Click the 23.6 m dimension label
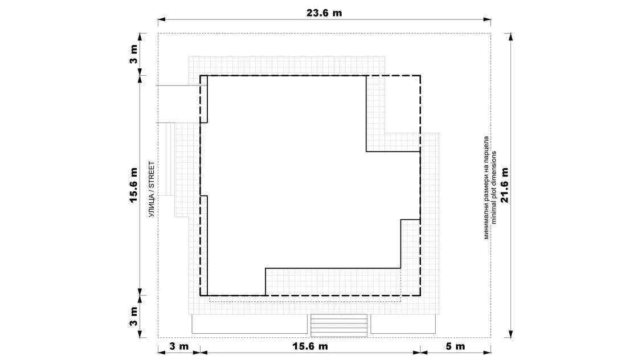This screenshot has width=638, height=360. point(324,13)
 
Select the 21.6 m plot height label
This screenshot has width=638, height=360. point(505,185)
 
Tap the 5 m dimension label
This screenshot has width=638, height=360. point(455,346)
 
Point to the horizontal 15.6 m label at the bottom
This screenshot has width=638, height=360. point(310,346)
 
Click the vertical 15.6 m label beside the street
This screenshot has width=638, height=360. point(134,185)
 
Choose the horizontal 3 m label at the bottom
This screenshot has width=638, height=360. point(179,346)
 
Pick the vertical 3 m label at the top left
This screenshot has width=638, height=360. point(134,54)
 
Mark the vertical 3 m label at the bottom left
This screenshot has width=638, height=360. point(134,317)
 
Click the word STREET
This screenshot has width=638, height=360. point(152,175)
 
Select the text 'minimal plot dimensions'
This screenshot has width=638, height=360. point(494,187)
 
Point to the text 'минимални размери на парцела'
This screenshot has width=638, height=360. point(486,187)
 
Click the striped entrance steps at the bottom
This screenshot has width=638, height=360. point(339,325)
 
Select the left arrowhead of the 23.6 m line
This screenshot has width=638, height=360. point(162,19)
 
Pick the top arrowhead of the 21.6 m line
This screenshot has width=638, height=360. point(510,38)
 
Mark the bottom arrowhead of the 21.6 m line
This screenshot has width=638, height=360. point(510,334)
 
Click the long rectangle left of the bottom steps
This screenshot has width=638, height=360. point(250,324)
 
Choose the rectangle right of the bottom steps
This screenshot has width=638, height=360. point(403,324)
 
